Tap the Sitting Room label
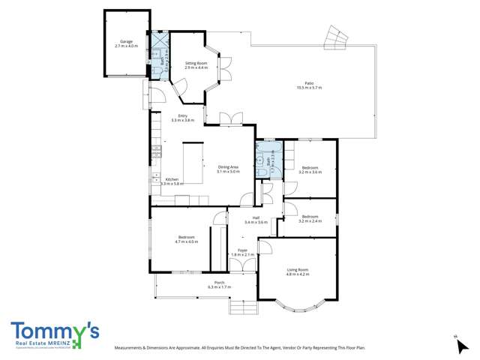pyautogui.click(x=196, y=64)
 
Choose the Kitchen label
pyautogui.click(x=172, y=179)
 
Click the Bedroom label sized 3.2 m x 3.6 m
pyautogui.click(x=310, y=167)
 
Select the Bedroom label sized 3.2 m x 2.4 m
pyautogui.click(x=310, y=218)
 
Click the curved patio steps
pyautogui.click(x=334, y=36)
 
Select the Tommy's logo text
pyautogui.click(x=55, y=330)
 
